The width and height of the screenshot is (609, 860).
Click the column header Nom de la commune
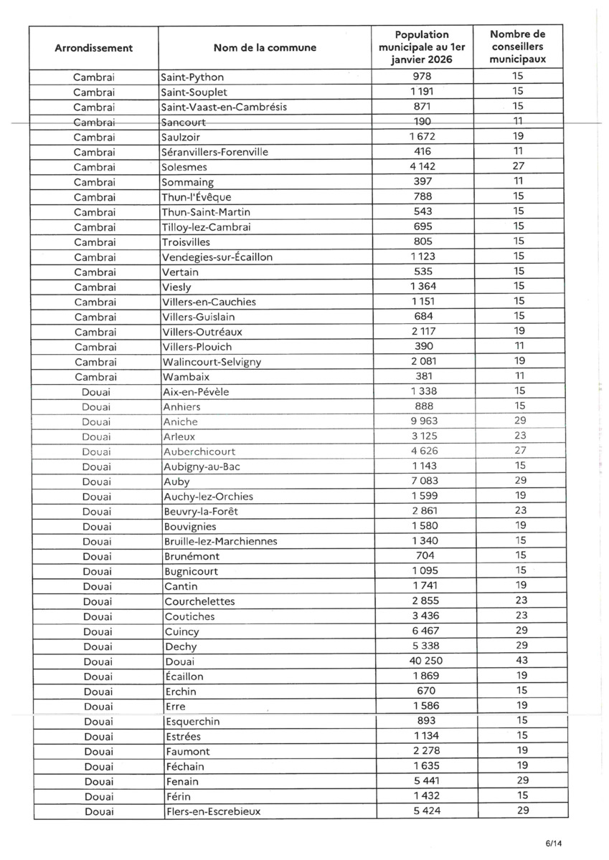(264, 48)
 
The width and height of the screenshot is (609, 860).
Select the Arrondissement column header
(93, 48)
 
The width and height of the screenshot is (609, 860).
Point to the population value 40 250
(422, 661)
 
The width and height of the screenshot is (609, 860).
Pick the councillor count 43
(519, 661)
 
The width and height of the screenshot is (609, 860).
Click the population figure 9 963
(422, 421)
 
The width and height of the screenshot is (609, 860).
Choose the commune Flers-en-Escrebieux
(212, 811)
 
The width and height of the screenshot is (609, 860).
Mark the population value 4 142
(422, 166)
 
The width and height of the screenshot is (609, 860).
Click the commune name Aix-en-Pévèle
(197, 391)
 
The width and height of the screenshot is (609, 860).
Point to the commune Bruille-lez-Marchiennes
(220, 540)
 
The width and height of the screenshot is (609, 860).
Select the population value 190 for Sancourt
(422, 121)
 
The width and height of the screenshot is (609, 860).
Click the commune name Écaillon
(184, 676)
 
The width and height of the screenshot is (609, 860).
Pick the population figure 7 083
(422, 481)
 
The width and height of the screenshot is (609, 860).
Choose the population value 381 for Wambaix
(422, 376)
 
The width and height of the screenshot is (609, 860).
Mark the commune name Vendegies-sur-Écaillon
(218, 257)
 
